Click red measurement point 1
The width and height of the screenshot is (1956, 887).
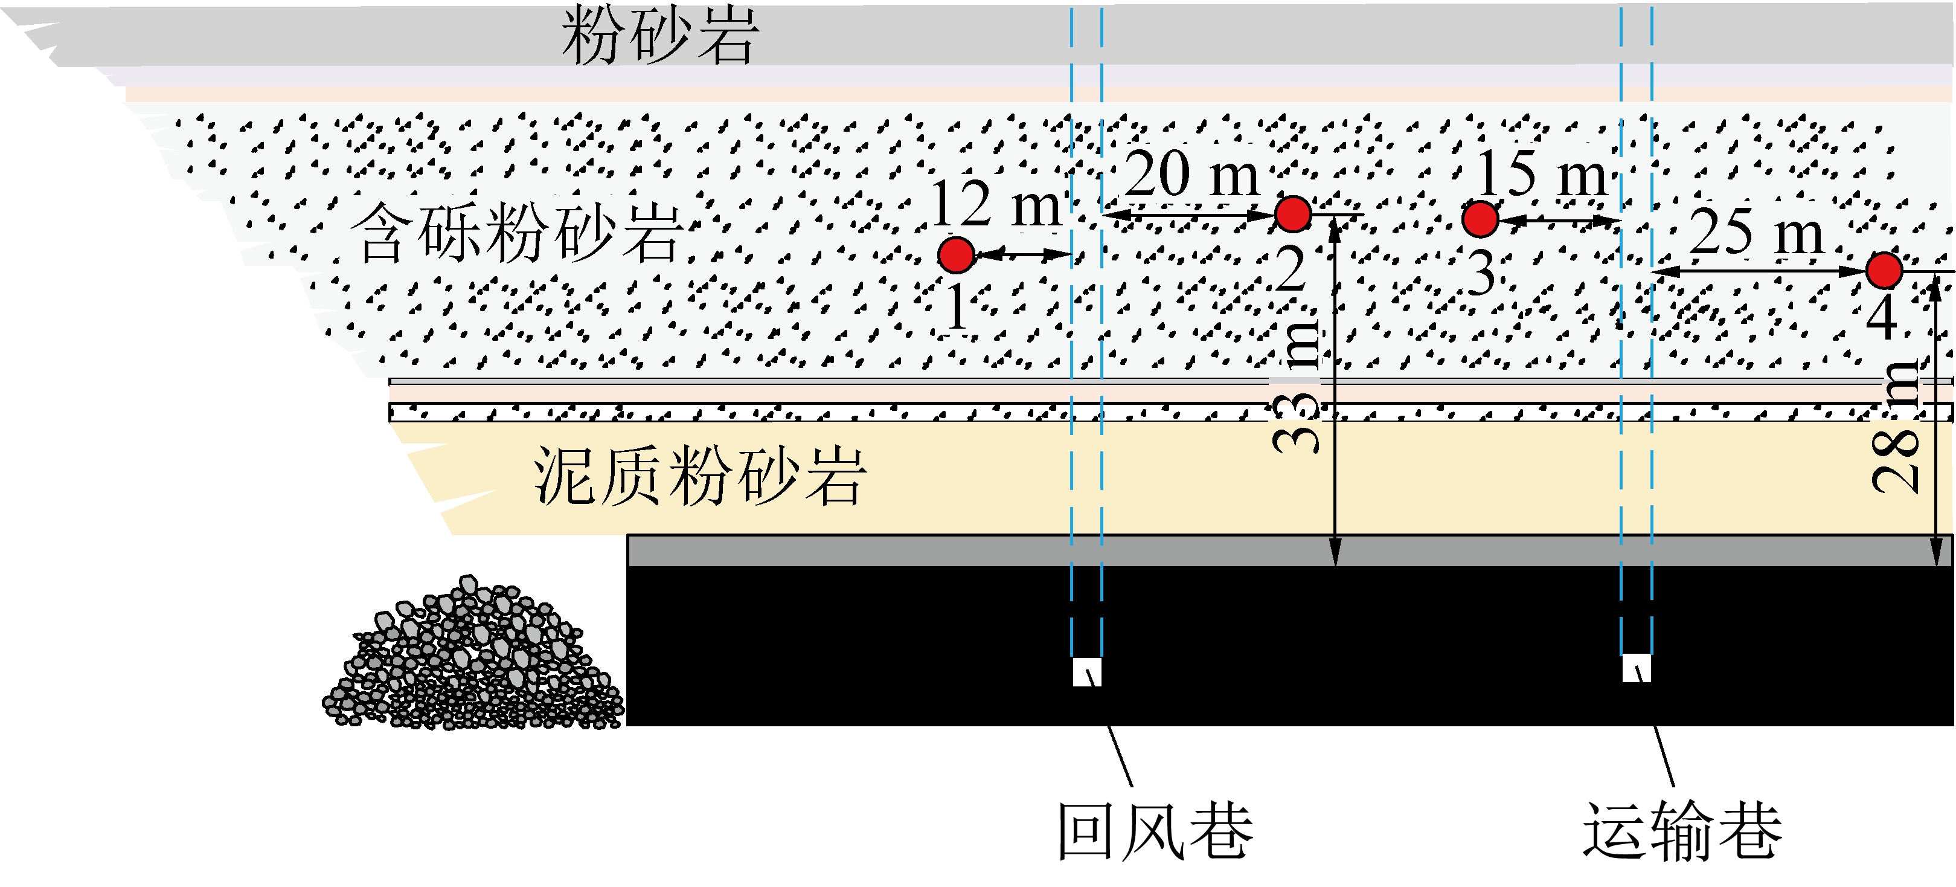pyautogui.click(x=956, y=254)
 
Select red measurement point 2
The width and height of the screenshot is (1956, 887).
pyautogui.click(x=1293, y=213)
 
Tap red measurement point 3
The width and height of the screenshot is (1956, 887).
pyautogui.click(x=1480, y=219)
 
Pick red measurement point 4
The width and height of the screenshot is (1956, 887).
pyautogui.click(x=1884, y=270)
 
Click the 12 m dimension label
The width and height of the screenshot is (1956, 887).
pyautogui.click(x=995, y=204)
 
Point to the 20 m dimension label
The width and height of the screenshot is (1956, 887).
pyautogui.click(x=1192, y=174)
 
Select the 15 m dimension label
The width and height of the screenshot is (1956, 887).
pyautogui.click(x=1541, y=174)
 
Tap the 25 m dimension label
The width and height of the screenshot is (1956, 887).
pyautogui.click(x=1756, y=231)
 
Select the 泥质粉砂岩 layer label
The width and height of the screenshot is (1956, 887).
pyautogui.click(x=699, y=476)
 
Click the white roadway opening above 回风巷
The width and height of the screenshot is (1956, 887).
pyautogui.click(x=1086, y=672)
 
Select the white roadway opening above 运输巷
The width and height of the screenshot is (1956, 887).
pyautogui.click(x=1637, y=668)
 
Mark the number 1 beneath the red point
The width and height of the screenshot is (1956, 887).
pyautogui.click(x=957, y=308)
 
